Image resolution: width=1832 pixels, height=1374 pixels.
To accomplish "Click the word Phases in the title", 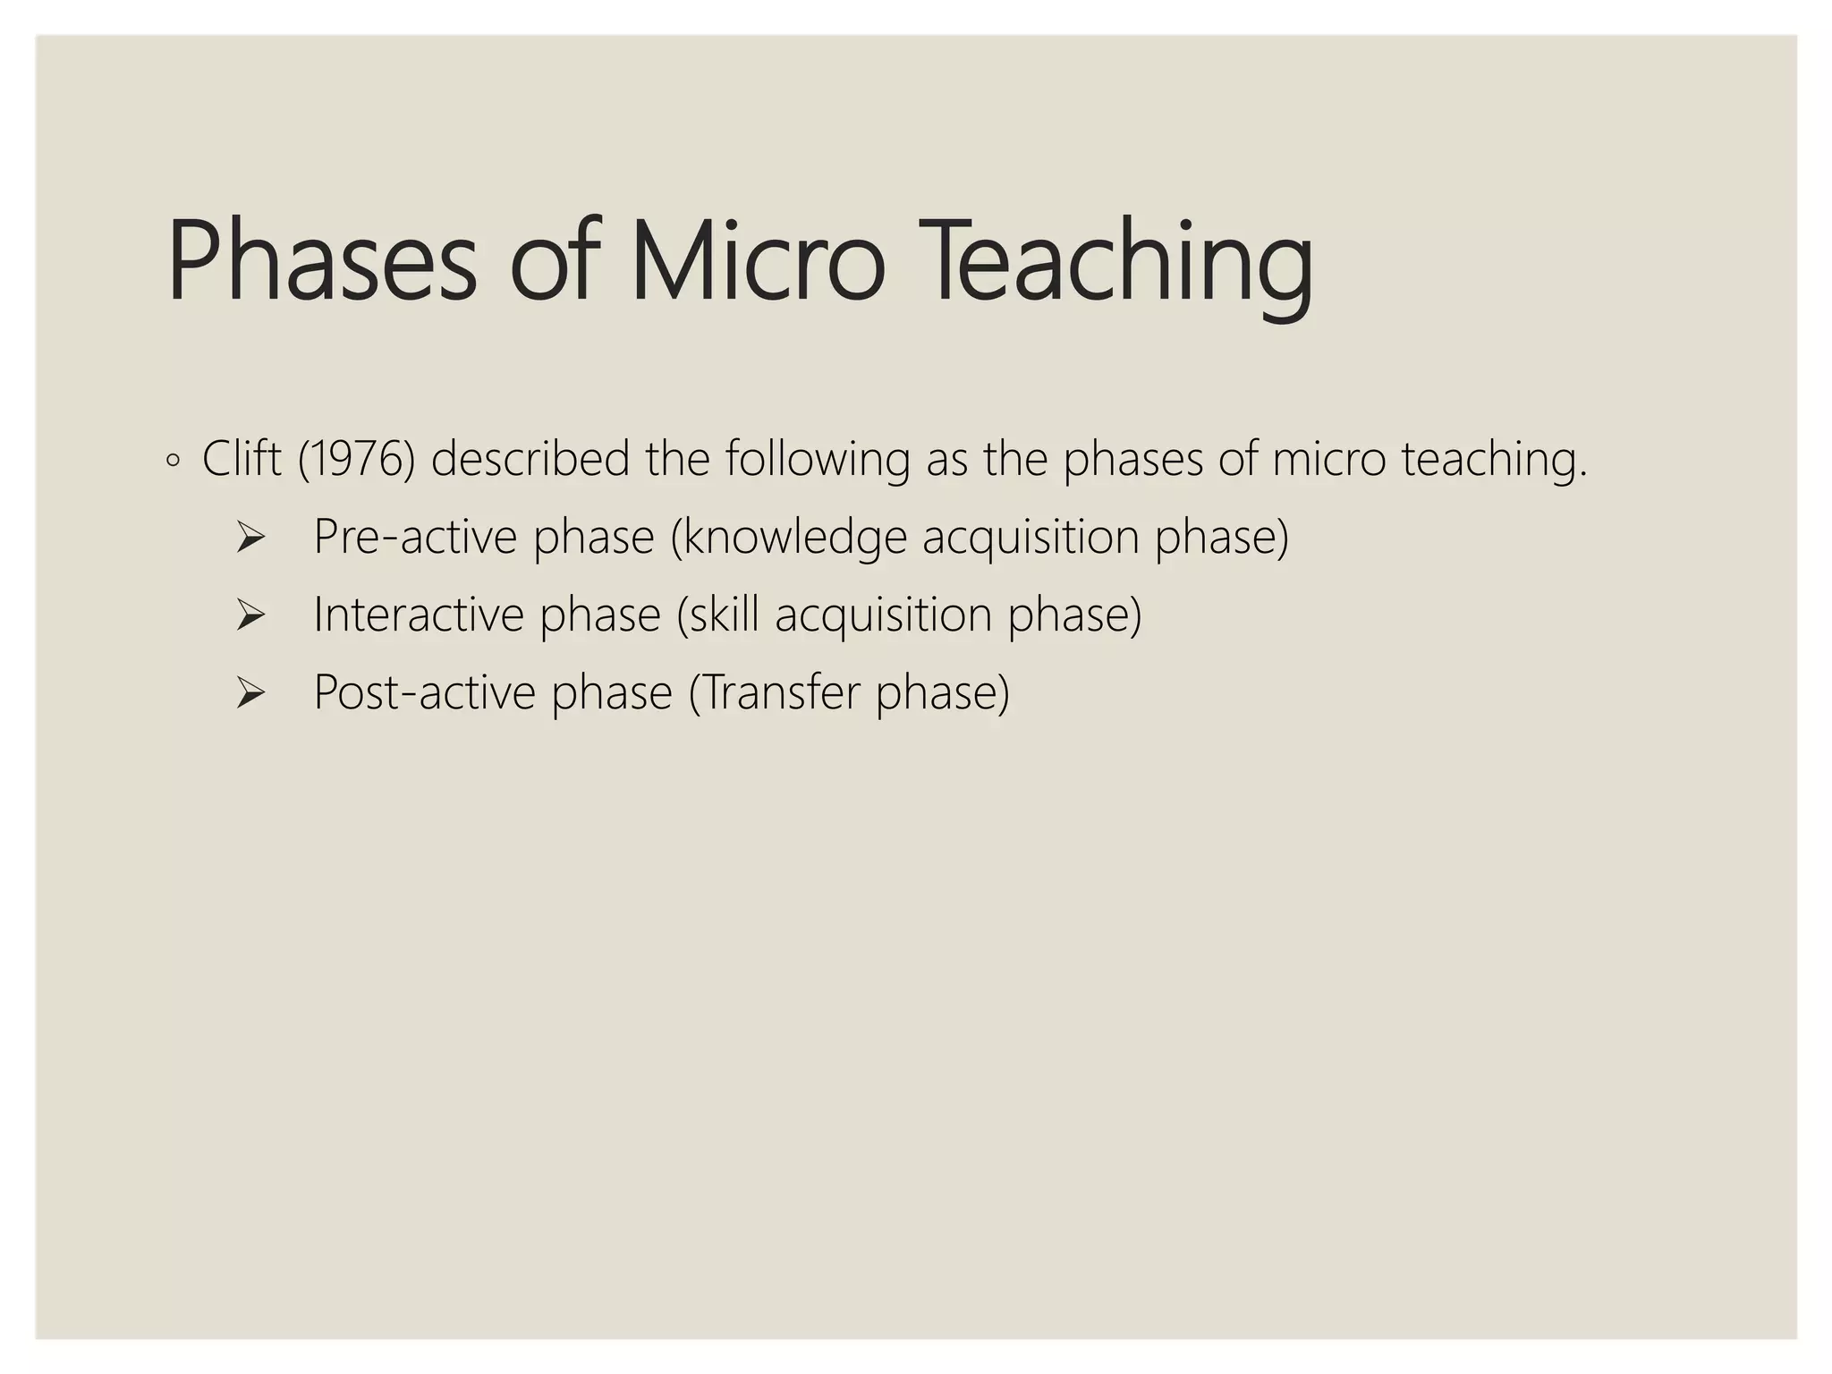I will [322, 261].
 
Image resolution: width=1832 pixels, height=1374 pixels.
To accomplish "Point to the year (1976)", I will [356, 459].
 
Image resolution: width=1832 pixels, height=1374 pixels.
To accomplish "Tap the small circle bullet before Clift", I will [174, 462].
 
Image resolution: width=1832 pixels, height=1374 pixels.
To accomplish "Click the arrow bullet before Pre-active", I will [250, 538].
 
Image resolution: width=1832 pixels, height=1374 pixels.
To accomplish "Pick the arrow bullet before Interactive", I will [250, 615].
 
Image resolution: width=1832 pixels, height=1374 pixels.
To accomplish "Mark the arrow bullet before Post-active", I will [250, 693].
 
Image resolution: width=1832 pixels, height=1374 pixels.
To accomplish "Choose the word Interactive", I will [418, 615].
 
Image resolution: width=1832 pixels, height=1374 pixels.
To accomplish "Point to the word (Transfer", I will [773, 693].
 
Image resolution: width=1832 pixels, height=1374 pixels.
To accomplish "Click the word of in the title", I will [553, 261].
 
